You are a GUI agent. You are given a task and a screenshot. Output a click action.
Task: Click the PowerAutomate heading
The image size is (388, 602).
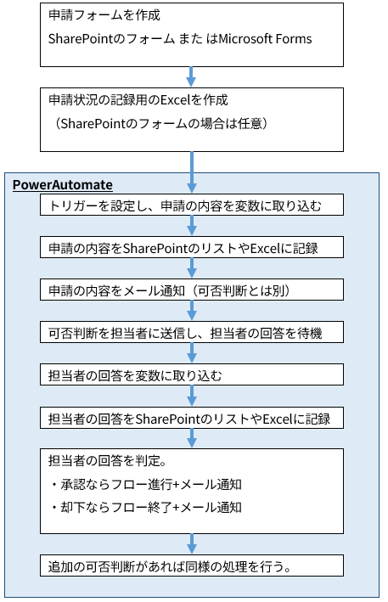coord(63,185)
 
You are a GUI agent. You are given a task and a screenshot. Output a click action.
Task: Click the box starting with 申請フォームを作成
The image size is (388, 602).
coord(193,34)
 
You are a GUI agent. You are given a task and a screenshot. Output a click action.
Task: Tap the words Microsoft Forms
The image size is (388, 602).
coord(263,39)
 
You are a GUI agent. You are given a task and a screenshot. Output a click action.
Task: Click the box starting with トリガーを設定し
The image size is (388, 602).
coord(193,206)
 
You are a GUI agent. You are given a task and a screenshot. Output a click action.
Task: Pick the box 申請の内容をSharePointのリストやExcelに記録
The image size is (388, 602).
coord(193,248)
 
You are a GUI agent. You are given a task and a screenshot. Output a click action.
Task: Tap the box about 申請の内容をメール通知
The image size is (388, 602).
coord(193,290)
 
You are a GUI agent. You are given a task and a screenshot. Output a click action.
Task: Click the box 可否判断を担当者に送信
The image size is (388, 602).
coord(193,332)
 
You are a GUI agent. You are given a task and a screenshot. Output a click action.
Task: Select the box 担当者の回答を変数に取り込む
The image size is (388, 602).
coord(193,374)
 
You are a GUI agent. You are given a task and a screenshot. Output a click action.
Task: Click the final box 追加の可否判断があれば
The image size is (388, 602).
coord(193,566)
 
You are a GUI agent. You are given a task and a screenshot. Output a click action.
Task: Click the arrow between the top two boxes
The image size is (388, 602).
coord(193,76)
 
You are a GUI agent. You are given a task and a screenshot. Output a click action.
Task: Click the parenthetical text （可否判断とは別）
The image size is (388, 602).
coord(243,290)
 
